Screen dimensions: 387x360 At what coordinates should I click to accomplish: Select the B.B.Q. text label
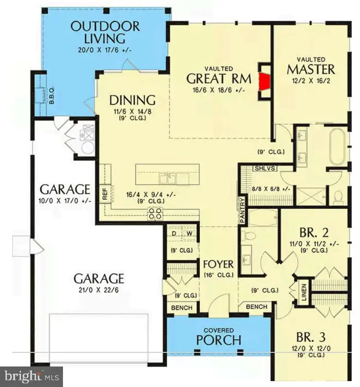[52, 94]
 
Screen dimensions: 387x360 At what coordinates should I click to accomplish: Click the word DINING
[132, 100]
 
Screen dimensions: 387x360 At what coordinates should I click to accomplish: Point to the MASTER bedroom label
[311, 70]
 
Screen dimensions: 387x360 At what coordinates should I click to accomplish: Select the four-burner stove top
[155, 214]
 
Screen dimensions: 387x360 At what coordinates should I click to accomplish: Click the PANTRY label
[242, 210]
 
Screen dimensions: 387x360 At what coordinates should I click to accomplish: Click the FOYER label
[218, 264]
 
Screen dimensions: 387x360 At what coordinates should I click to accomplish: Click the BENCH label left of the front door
[182, 308]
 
